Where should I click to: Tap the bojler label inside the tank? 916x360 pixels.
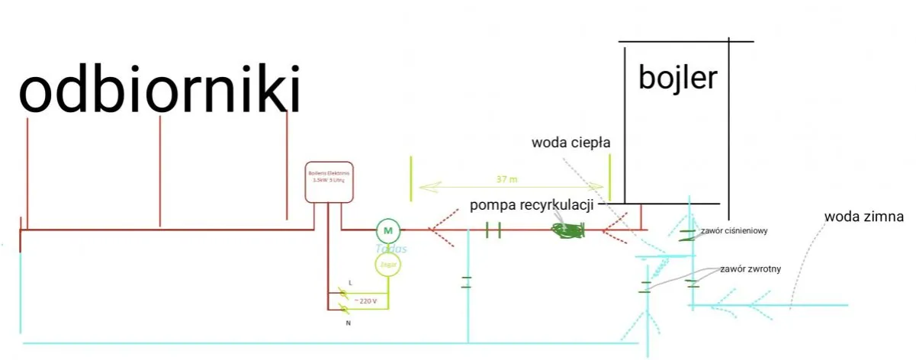(x=679, y=78)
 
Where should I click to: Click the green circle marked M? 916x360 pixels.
(x=387, y=230)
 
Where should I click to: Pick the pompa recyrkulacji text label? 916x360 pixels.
(x=532, y=205)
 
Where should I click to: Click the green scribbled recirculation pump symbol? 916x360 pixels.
(x=567, y=230)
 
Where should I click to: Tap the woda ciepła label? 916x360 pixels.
(x=571, y=142)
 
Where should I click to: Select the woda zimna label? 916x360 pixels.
(x=863, y=217)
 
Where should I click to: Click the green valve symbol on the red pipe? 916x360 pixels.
(x=492, y=229)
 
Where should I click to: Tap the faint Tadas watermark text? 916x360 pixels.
(x=391, y=249)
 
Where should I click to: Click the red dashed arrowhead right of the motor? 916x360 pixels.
(x=439, y=229)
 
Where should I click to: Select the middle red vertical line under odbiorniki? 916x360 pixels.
(x=160, y=172)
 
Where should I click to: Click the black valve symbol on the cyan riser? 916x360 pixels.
(x=466, y=282)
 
